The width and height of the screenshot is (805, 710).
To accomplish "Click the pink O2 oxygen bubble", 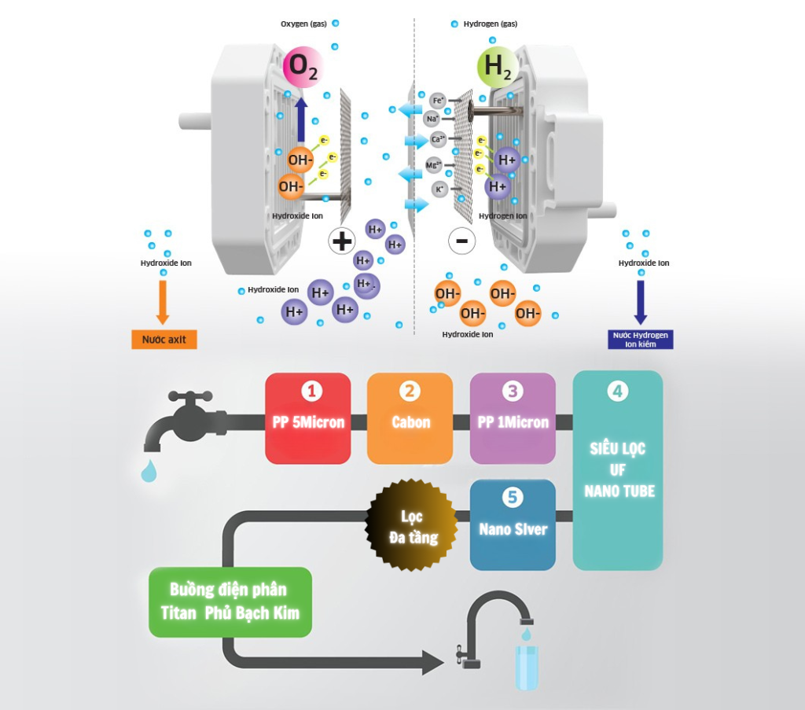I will click(303, 66).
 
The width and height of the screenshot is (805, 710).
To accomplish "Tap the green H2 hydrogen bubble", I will click(498, 66).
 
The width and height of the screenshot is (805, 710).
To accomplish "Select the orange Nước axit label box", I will click(164, 340).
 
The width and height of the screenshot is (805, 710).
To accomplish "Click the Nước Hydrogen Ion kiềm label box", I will click(641, 339).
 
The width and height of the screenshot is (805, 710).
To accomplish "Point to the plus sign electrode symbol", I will click(342, 240).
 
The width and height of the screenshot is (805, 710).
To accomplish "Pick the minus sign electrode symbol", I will click(461, 241).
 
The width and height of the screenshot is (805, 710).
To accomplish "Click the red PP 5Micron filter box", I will click(308, 418).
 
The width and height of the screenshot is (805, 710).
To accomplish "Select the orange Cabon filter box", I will click(410, 418).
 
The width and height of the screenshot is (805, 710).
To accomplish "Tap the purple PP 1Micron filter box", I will click(513, 418).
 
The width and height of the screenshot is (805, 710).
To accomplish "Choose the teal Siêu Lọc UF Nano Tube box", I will click(618, 470).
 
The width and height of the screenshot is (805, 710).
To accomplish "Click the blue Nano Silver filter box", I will click(513, 524).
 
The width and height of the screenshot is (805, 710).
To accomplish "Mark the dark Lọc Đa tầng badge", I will click(412, 525).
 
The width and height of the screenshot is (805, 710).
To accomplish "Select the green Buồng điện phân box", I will click(230, 601).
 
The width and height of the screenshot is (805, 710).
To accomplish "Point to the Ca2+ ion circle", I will click(439, 140).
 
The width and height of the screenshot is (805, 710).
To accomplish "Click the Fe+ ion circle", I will click(438, 100).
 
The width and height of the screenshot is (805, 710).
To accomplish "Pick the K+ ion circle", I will click(440, 189).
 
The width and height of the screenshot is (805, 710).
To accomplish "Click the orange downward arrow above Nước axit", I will click(163, 301).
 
